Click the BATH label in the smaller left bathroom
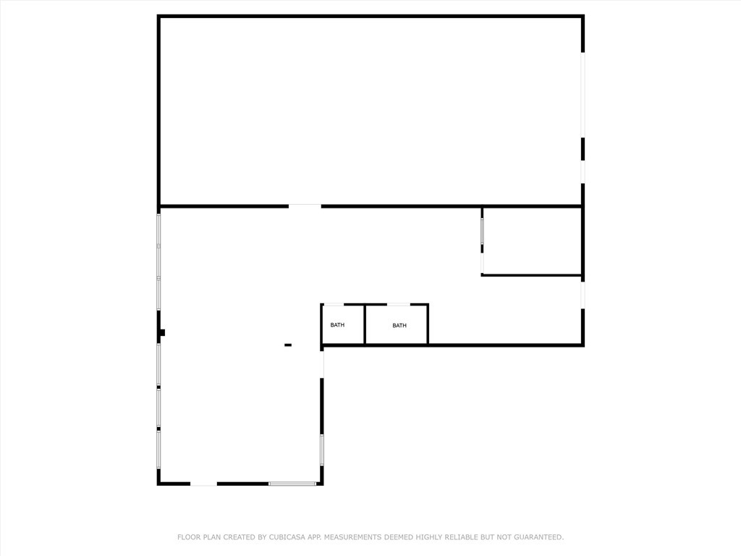[x=337, y=325]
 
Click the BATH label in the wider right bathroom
[x=399, y=326]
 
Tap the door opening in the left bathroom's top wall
[x=334, y=305]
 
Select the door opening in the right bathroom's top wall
[x=398, y=305]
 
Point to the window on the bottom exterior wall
[x=292, y=483]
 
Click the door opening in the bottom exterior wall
[x=203, y=483]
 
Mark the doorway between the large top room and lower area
[x=305, y=206]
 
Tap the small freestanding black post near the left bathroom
[x=288, y=345]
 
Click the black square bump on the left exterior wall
[x=162, y=332]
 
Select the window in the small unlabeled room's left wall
[x=482, y=231]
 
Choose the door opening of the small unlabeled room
[x=482, y=264]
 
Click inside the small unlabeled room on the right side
[x=532, y=241]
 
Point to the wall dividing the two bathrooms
[x=365, y=324]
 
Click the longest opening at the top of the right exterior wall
[x=583, y=94]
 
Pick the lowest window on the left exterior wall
[x=158, y=449]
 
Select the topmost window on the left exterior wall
[x=158, y=229]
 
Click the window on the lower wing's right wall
[x=322, y=450]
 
